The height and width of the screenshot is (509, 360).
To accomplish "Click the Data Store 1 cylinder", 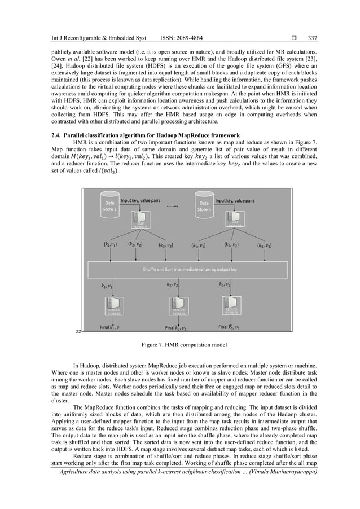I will [x=108, y=204].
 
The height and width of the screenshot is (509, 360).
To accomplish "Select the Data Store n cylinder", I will [x=204, y=204].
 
